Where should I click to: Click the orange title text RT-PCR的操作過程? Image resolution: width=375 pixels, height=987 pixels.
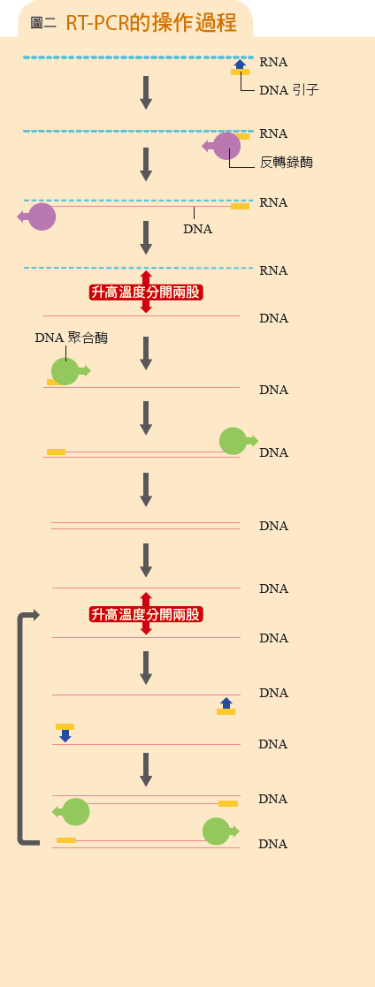tap(151, 23)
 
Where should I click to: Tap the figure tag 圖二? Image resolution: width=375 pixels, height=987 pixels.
tap(43, 23)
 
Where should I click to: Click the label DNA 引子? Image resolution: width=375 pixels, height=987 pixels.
tap(289, 90)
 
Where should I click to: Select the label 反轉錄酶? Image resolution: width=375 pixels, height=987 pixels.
tap(287, 163)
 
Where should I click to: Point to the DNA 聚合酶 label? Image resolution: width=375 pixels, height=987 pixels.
tap(72, 338)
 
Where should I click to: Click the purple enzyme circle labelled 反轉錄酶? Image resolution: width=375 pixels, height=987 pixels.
tap(227, 146)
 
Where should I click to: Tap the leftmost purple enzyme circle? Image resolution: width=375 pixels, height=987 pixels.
tap(42, 216)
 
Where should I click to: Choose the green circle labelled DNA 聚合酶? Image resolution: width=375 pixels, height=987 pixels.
tap(65, 371)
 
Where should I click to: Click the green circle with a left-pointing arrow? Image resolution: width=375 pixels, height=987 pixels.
tap(76, 812)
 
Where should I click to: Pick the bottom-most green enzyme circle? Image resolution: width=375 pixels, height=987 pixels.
tap(216, 831)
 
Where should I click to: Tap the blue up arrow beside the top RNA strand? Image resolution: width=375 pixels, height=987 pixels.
tap(241, 64)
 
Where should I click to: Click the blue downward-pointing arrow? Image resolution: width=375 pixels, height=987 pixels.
tap(65, 736)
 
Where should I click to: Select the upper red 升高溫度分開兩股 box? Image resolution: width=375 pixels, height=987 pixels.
tap(146, 292)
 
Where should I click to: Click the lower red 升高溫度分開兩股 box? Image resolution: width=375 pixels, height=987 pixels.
tap(146, 614)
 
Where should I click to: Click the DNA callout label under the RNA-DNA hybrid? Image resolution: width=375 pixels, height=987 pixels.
tap(197, 229)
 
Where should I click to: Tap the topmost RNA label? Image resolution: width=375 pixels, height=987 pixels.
tap(273, 62)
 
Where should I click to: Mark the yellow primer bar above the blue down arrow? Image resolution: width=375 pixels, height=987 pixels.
tap(65, 726)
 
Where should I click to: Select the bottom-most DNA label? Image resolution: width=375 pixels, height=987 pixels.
tap(273, 844)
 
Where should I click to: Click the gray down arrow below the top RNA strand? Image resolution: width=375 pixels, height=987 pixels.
tap(146, 93)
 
